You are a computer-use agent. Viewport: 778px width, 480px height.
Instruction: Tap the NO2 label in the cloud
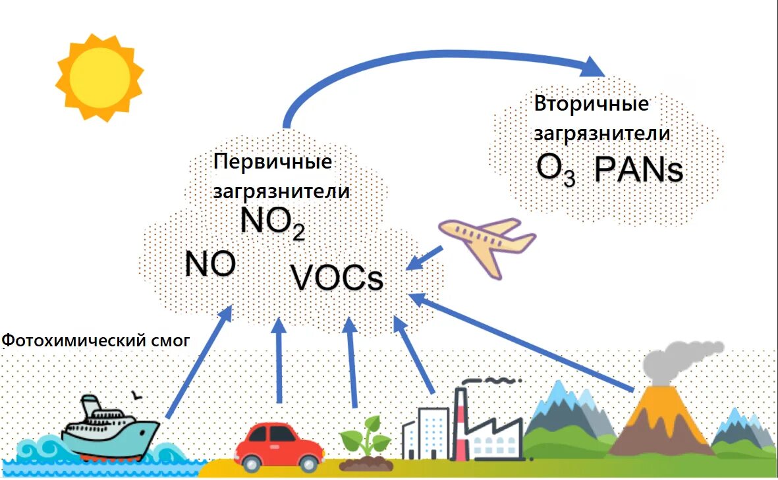272,222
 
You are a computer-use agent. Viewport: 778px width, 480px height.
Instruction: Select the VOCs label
337,279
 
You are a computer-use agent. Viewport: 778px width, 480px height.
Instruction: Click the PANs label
638,170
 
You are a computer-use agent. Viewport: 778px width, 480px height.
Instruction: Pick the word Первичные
273,163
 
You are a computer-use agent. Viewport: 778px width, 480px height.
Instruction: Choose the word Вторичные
591,105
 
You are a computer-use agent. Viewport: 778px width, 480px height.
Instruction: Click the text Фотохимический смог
96,340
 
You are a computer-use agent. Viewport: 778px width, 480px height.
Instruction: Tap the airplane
487,243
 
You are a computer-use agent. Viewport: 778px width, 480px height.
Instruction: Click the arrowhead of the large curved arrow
593,67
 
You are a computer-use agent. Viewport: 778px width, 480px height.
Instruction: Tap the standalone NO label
210,264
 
